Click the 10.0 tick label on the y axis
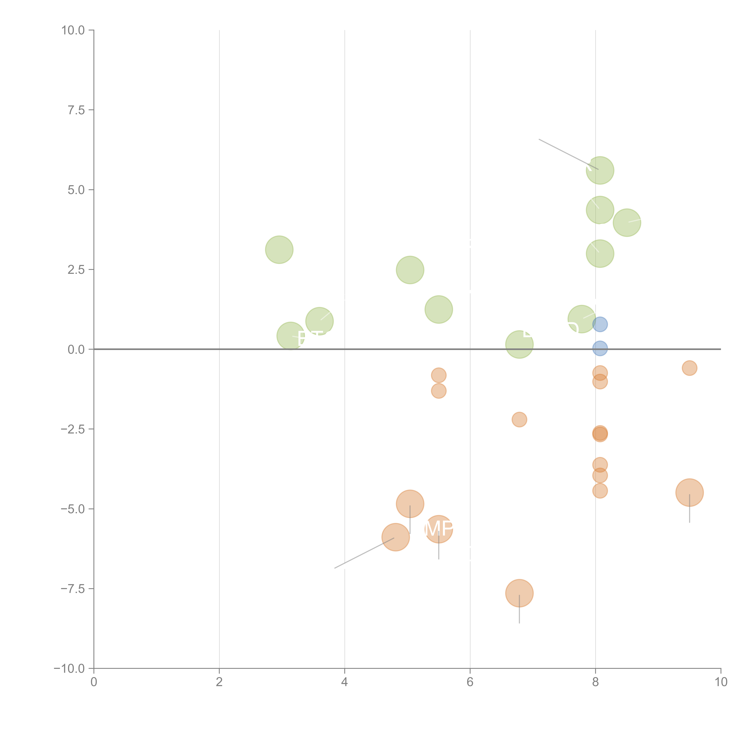(73, 30)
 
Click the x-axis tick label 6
(470, 682)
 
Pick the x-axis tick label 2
(219, 682)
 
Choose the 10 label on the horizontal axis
(721, 682)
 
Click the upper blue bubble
(600, 324)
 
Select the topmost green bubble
(600, 170)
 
